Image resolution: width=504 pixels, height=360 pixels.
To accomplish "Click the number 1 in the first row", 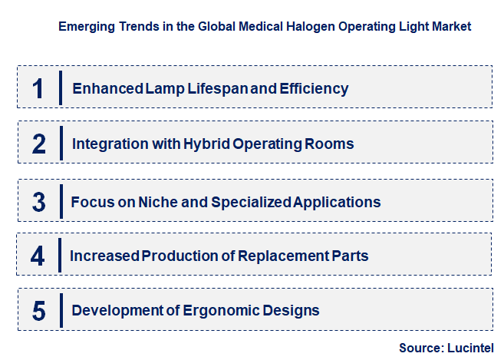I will pos(38,88).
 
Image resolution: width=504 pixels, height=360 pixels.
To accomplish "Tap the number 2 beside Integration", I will pos(39,144).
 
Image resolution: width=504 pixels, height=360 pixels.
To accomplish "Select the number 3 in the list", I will pos(39,202).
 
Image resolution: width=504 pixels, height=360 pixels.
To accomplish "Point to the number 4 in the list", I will pos(38,256).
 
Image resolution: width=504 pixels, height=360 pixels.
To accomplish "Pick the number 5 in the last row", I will pos(39,311).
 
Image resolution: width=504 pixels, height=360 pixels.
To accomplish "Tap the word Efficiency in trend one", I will pos(315,88).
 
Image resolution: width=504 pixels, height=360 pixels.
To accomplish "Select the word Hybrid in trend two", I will pos(207,144).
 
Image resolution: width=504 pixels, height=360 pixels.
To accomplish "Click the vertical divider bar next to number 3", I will pos(60,202).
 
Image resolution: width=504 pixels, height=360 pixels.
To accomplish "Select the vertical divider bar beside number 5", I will pos(60,311).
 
